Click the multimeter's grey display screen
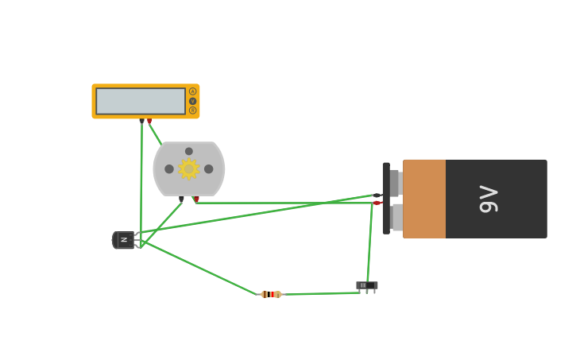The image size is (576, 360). point(141,101)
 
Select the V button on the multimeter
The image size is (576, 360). point(192,101)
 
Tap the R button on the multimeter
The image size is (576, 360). point(192,110)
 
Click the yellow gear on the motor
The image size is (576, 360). point(188,168)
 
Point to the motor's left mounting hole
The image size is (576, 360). point(169,168)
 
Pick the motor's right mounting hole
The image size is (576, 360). point(208,168)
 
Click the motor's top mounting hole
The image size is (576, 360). point(189,151)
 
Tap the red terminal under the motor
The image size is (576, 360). point(196,199)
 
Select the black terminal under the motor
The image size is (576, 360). point(182,199)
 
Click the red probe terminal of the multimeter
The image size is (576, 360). point(149,121)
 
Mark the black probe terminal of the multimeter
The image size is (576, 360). point(141,121)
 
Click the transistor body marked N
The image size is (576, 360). point(124,240)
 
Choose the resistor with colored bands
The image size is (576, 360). point(271,294)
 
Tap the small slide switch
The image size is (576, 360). point(366,285)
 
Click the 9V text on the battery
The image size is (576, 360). point(489,199)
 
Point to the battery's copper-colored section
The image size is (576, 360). point(424,199)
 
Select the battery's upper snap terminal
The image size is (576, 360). point(396,183)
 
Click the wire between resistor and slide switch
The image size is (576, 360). point(318,293)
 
